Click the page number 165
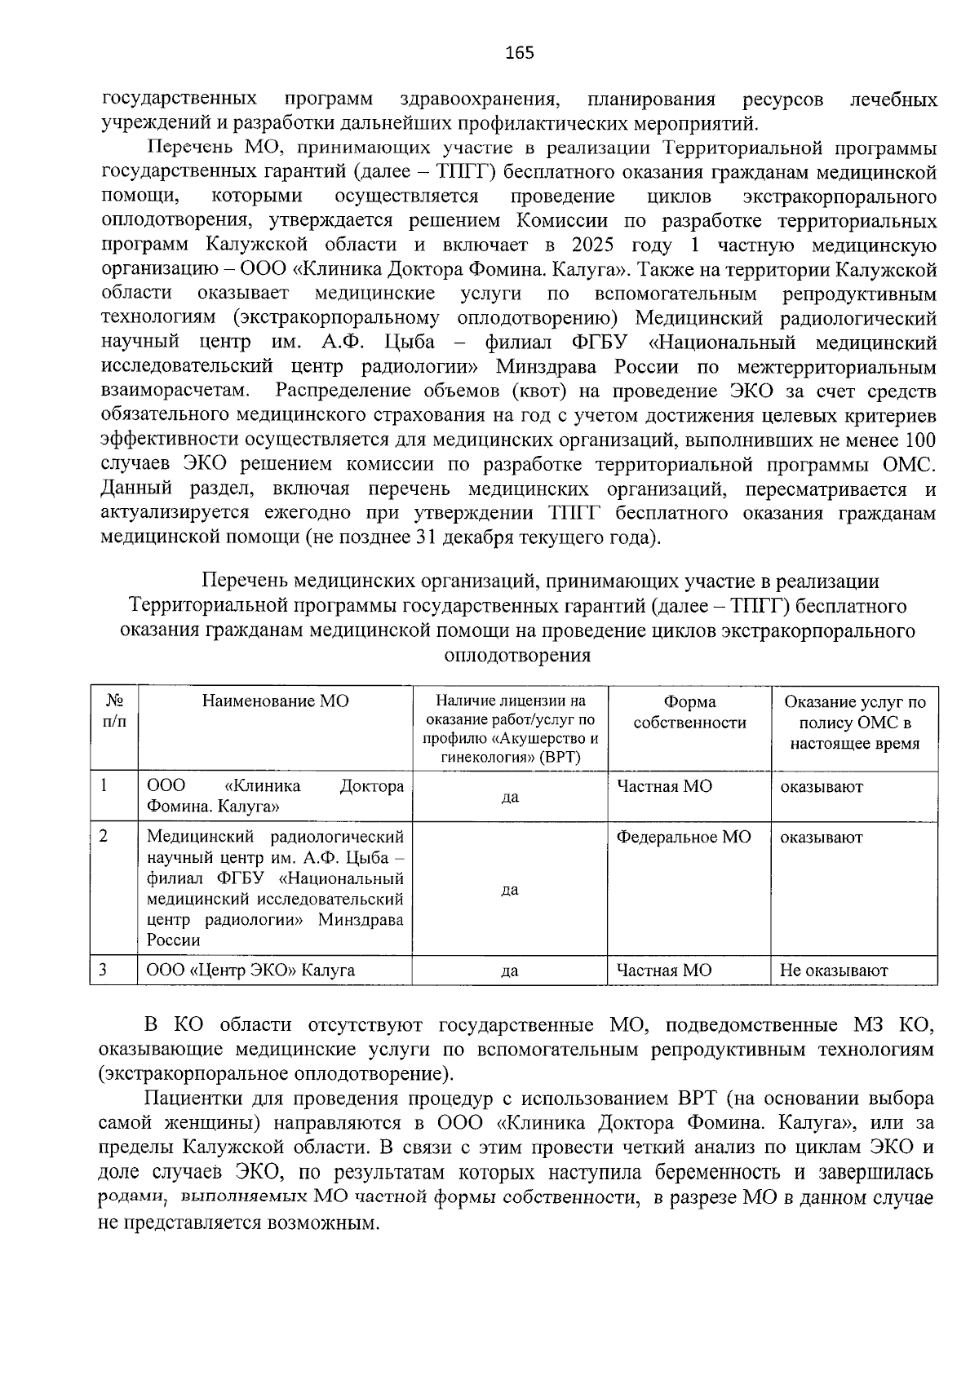point(520,54)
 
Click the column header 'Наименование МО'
point(275,701)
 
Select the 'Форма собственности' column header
point(689,712)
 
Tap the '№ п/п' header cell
point(114,711)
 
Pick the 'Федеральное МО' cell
point(684,838)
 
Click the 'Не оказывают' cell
point(833,971)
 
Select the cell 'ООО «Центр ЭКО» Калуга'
point(250,971)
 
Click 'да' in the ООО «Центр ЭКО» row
point(510,971)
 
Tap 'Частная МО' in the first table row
point(664,786)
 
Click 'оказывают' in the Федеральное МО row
point(821,838)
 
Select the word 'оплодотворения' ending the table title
point(517,656)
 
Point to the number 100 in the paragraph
point(920,440)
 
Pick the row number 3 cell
point(104,971)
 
